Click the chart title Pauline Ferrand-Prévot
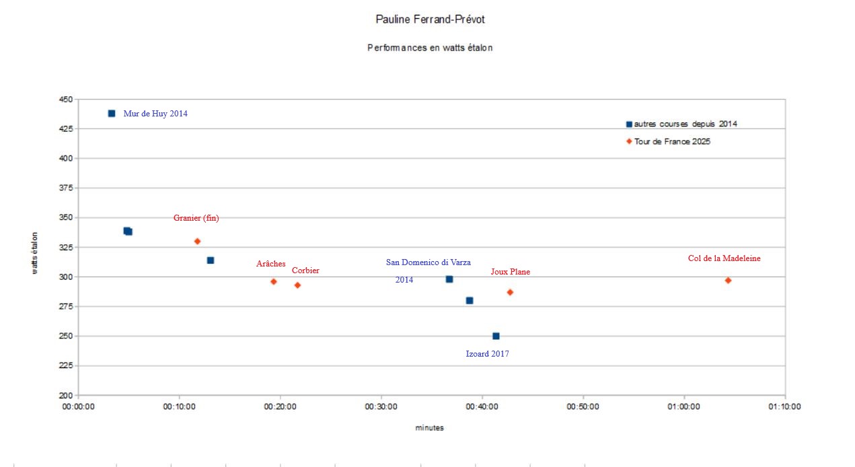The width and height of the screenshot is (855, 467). (x=430, y=20)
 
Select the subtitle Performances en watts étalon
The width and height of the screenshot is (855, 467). (x=430, y=48)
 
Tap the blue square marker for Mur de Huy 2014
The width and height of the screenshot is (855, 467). (x=112, y=114)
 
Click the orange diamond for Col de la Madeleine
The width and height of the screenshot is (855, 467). (x=728, y=280)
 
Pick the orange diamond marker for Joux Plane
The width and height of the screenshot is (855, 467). (x=510, y=292)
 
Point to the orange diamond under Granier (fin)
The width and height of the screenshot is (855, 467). (x=197, y=241)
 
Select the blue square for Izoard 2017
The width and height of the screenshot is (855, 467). (x=496, y=336)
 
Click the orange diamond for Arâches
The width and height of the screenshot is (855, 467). (x=273, y=281)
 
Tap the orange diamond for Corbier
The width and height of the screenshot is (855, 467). (x=297, y=285)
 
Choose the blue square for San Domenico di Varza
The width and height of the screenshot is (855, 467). (x=449, y=279)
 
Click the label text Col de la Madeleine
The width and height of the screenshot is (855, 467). (x=724, y=258)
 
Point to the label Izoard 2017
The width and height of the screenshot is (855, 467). (x=487, y=354)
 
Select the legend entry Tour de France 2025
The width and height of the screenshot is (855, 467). (x=672, y=142)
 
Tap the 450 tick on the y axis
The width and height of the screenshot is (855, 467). (x=65, y=99)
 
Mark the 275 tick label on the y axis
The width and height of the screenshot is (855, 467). (x=65, y=306)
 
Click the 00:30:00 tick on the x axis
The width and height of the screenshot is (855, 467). (x=381, y=407)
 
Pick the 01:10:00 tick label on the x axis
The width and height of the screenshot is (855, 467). (x=784, y=407)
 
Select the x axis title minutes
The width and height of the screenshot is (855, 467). (x=429, y=428)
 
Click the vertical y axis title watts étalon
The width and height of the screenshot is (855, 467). (x=34, y=253)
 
